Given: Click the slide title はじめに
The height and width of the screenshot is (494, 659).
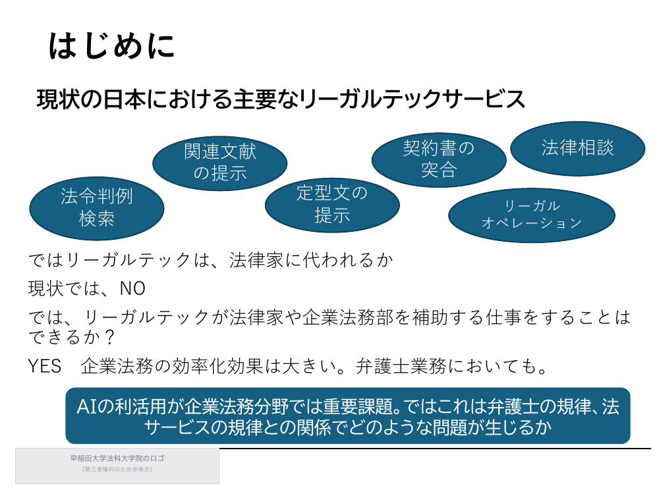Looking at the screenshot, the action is [x=111, y=45].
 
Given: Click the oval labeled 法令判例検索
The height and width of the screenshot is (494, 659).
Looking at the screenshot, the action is [x=97, y=208].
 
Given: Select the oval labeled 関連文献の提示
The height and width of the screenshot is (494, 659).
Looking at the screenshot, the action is [x=220, y=163].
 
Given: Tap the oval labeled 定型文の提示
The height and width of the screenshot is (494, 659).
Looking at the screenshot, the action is [x=332, y=205].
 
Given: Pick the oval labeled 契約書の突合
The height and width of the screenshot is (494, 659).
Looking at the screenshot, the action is [x=439, y=159].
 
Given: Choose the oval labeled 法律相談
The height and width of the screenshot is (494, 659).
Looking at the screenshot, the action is [x=577, y=148].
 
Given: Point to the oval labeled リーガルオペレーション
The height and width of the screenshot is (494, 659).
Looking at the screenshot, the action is [x=532, y=215].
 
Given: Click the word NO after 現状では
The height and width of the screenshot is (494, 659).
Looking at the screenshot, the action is [x=133, y=289].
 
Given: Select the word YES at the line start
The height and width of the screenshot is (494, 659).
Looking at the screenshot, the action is [x=45, y=366].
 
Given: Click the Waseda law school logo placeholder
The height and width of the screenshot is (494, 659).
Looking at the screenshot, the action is [x=117, y=466].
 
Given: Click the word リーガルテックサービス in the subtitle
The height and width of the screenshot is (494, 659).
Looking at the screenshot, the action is [x=413, y=99].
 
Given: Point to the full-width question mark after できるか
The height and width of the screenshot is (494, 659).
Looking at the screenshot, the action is [x=110, y=337].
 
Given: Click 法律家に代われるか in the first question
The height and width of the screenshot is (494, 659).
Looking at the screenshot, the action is [x=311, y=260].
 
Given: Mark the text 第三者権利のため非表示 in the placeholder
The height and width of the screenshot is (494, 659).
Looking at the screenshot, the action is [x=117, y=470].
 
